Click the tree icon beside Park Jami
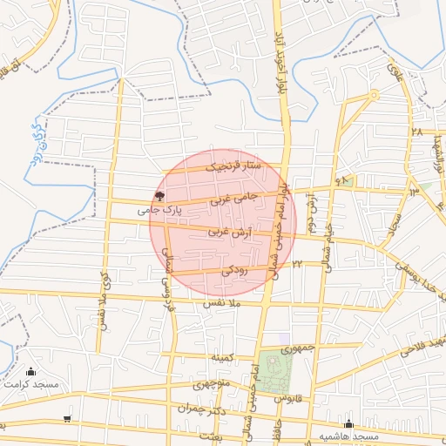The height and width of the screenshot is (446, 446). [x=159, y=197]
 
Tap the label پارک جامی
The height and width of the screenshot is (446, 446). [x=159, y=210]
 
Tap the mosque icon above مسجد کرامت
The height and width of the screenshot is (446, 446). [x=32, y=372]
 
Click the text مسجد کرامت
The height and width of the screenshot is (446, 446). [x=30, y=384]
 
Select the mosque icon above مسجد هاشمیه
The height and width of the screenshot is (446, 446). [x=348, y=424]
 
